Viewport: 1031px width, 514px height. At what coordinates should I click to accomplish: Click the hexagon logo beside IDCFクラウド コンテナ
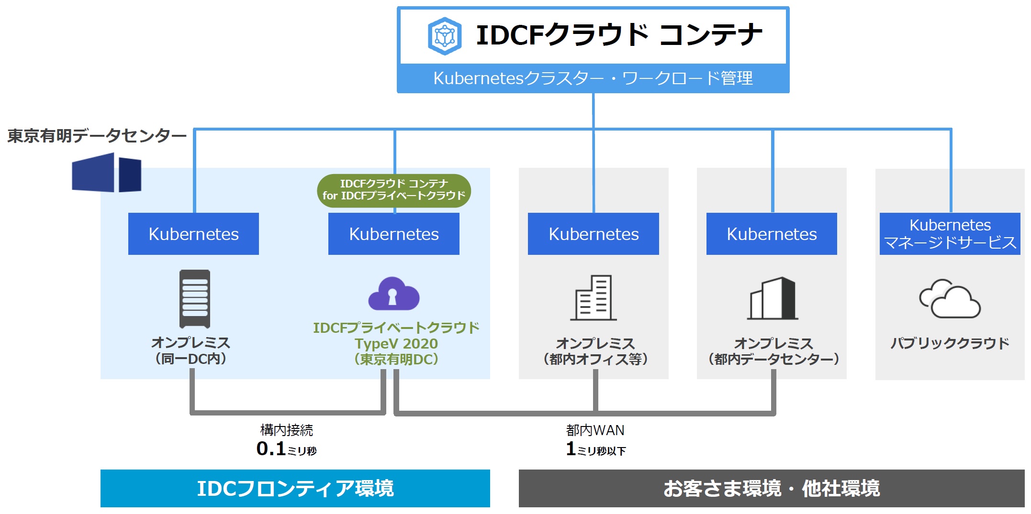(x=445, y=36)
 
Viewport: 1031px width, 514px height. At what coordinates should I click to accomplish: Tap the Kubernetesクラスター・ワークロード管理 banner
(x=593, y=78)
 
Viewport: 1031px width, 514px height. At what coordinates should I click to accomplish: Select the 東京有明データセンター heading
(x=97, y=136)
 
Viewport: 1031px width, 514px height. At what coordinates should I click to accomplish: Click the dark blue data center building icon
(x=107, y=173)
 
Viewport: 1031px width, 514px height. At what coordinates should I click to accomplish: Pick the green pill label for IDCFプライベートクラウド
(x=394, y=190)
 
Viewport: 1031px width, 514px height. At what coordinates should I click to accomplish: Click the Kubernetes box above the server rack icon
(x=193, y=234)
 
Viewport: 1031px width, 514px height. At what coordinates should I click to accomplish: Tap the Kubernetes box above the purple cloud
(x=393, y=234)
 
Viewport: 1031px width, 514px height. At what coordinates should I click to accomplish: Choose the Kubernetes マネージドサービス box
(x=950, y=234)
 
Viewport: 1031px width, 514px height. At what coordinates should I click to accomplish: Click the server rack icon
(x=195, y=298)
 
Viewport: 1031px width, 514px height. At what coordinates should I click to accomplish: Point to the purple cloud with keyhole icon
(x=393, y=294)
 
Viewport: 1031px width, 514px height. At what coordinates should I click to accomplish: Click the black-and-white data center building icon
(x=772, y=298)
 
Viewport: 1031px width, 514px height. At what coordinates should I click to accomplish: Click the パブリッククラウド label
(x=950, y=343)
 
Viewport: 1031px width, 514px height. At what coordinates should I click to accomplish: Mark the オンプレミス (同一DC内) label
(x=191, y=350)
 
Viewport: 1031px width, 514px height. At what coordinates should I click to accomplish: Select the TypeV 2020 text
(x=396, y=343)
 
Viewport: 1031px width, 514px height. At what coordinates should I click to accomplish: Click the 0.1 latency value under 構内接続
(x=271, y=449)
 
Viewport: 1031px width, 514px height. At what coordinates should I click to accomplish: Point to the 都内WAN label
(x=595, y=430)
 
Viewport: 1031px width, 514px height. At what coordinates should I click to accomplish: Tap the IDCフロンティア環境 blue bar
(x=295, y=488)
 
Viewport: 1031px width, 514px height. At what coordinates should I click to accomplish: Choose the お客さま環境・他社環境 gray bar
(x=771, y=488)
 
